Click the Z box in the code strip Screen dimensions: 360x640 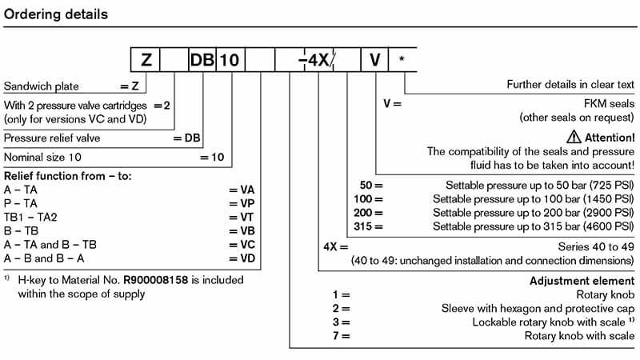coord(146,60)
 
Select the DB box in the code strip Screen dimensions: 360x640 coord(202,60)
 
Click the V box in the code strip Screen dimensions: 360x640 coord(374,60)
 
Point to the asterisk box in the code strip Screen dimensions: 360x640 coord(402,60)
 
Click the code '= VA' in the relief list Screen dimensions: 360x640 coord(242,190)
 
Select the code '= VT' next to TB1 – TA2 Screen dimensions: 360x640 coord(242,216)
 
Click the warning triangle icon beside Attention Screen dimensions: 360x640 coord(576,137)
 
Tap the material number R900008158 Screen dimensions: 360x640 coord(157,281)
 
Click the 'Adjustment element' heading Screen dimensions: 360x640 coord(582,281)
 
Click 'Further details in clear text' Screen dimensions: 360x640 coord(570,85)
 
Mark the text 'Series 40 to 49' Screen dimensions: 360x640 coord(595,247)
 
